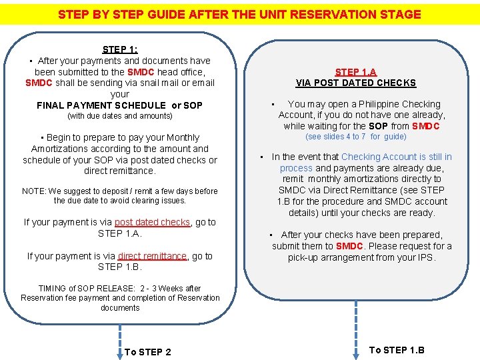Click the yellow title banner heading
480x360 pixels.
tap(239, 14)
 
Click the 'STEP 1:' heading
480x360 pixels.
tap(120, 49)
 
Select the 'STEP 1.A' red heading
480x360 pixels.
tap(355, 72)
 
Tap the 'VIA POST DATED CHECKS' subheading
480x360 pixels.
tap(355, 83)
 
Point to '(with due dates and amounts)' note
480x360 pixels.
tap(120, 116)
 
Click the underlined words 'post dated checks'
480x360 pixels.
tap(152, 222)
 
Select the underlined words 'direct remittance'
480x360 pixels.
tap(153, 256)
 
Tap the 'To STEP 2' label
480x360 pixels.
tap(147, 352)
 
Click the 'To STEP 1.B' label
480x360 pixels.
tap(397, 350)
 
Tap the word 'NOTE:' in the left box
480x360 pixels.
tap(34, 191)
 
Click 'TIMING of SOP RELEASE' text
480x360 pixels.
tap(80, 289)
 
